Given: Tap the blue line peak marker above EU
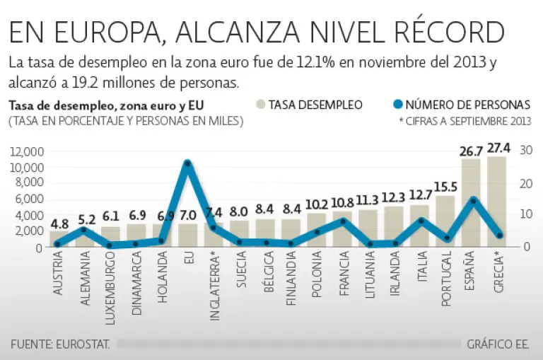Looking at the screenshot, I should pyautogui.click(x=187, y=163).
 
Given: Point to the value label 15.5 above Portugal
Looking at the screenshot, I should pyautogui.click(x=446, y=187).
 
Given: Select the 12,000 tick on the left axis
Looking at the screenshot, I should pyautogui.click(x=28, y=152).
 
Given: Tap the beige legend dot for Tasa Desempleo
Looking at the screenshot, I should pyautogui.click(x=261, y=105).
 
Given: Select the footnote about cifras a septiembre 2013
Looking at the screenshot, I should pyautogui.click(x=465, y=121).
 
